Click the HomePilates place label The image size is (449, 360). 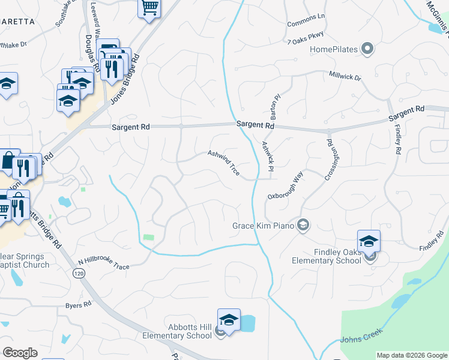pyautogui.click(x=333, y=49)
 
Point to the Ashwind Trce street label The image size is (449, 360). pyautogui.click(x=224, y=163)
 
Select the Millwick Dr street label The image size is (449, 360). pyautogui.click(x=345, y=77)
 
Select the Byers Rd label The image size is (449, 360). pyautogui.click(x=78, y=305)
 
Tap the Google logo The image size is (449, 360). pyautogui.click(x=20, y=353)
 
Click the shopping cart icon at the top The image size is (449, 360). pyautogui.click(x=149, y=9)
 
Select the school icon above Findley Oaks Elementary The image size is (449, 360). pyautogui.click(x=369, y=241)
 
